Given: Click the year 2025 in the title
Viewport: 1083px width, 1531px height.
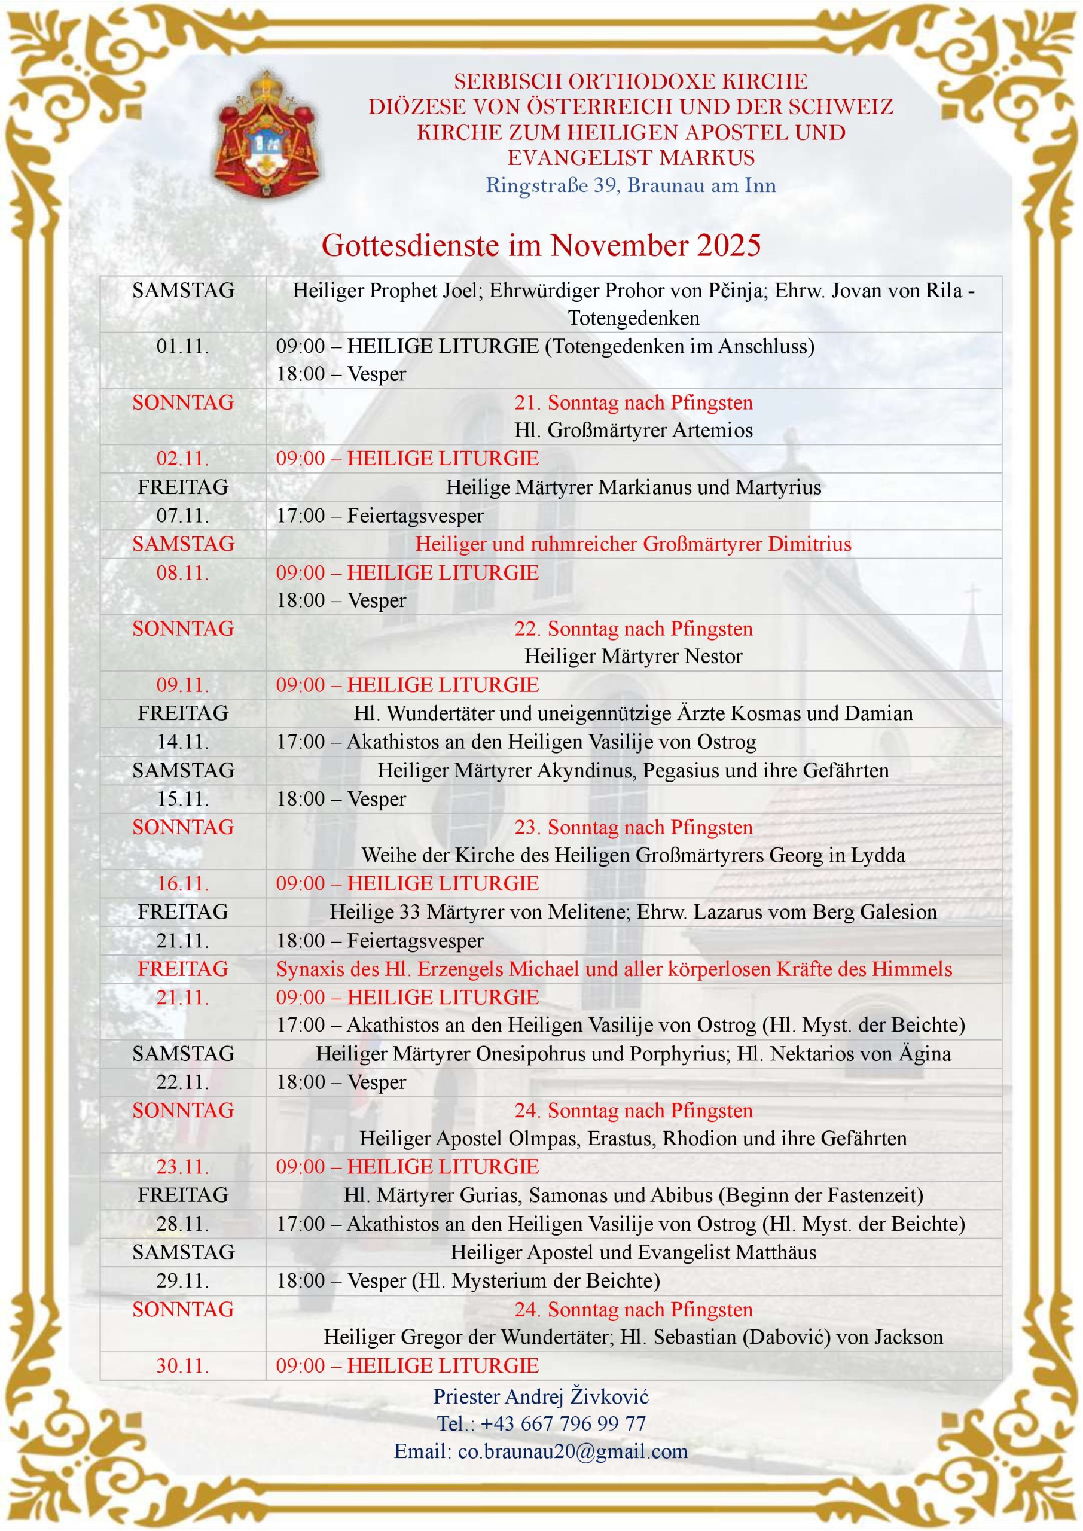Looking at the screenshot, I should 729,245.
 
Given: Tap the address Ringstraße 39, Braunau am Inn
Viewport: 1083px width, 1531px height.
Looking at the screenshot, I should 630,185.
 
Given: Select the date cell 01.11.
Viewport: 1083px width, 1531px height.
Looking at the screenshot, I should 183,346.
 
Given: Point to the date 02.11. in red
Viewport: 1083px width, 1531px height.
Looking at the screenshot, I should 183,459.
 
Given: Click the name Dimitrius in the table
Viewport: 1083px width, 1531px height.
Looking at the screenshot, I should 810,544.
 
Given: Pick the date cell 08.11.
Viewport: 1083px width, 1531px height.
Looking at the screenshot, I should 183,573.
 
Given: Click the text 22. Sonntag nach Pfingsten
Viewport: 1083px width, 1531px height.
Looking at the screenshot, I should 633,629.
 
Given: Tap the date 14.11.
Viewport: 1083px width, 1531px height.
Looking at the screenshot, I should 183,742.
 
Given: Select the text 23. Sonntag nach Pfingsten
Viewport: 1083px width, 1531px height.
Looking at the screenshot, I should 633,828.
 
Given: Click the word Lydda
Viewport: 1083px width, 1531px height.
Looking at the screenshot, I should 876,856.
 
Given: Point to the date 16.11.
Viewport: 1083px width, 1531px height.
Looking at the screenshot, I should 183,883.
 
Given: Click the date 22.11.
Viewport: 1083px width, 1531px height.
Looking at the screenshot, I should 183,1082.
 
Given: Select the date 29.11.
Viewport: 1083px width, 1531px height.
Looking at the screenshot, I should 183,1280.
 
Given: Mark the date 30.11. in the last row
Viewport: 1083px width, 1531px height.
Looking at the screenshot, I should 183,1365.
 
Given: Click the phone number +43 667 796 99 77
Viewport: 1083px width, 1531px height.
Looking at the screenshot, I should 563,1423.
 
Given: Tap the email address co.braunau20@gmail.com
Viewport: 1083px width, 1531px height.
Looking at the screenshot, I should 572,1451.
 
